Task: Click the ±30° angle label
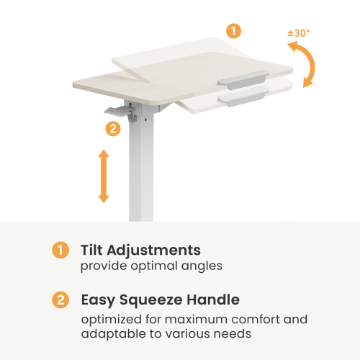pos(299,33)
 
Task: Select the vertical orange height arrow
pos(104,176)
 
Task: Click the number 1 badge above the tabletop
pos(233,31)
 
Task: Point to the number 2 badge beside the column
pos(113,129)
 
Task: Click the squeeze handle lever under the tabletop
pos(120,112)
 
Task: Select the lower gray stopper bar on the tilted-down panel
pos(243,96)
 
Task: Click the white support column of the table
pos(141,168)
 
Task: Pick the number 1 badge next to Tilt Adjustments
pos(60,250)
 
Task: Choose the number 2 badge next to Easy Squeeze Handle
pos(60,300)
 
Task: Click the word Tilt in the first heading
pos(91,250)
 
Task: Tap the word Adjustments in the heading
pos(154,251)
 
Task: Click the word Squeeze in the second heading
pos(151,300)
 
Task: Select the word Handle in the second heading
pos(213,300)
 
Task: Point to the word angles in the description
pos(202,266)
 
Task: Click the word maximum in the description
pos(196,320)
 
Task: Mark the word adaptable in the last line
pos(114,334)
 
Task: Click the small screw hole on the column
pos(145,119)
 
